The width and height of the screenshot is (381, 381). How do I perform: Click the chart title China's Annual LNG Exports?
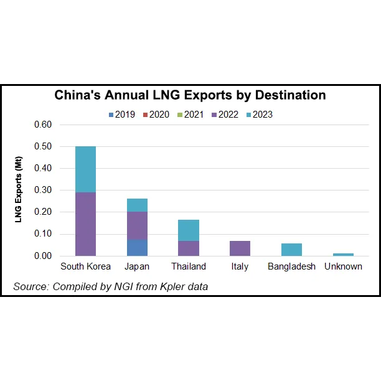click(190, 95)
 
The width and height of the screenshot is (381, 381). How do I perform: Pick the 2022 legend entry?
click(223, 114)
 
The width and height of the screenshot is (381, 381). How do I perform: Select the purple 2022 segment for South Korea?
click(85, 223)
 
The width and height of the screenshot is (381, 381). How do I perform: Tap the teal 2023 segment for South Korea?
click(85, 169)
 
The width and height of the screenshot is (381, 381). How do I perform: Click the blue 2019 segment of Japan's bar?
click(137, 247)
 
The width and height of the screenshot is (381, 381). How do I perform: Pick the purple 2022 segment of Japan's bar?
click(137, 225)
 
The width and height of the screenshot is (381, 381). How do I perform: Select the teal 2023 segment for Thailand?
click(189, 230)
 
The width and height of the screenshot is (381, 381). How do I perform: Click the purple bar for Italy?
click(240, 248)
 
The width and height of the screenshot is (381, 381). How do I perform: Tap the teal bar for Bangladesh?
click(291, 250)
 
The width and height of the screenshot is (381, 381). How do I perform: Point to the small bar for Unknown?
click(343, 254)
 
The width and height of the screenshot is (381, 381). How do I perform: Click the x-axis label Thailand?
click(188, 266)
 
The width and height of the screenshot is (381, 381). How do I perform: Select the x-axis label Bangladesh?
click(291, 266)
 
